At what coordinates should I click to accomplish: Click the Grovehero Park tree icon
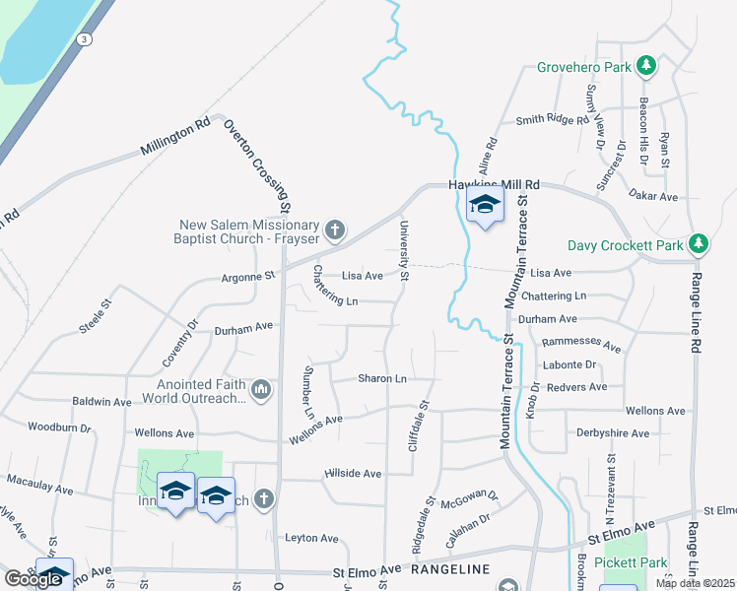coord(646,66)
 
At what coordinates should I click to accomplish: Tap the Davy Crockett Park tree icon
coord(699,242)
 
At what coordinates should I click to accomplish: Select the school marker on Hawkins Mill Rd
coord(485,205)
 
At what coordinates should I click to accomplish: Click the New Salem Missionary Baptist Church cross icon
coord(334,230)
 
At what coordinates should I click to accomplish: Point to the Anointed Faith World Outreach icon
coord(260,390)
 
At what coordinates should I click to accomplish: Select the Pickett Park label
coord(632,562)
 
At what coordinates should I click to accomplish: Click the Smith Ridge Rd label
coord(552,120)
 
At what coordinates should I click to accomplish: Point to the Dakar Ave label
coord(654,197)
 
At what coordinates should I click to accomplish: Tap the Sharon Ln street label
coord(382,378)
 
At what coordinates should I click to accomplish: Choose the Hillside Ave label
coord(352,474)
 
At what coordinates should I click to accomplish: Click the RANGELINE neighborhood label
coord(450,569)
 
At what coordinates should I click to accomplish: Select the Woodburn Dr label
coord(59,428)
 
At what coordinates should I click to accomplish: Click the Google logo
coord(33,579)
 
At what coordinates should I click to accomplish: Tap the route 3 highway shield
coord(86,39)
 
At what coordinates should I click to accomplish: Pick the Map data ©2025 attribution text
coord(694,583)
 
